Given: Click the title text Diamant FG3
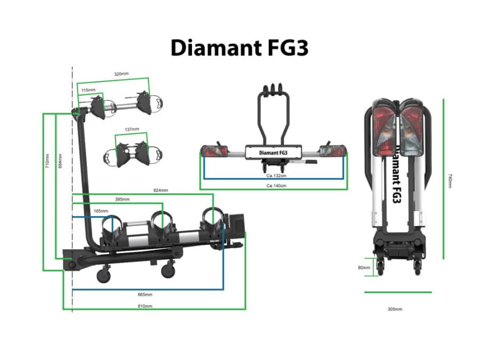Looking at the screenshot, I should coord(239,48).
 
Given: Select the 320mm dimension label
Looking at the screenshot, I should coord(121,74).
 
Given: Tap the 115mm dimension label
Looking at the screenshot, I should coord(88,91).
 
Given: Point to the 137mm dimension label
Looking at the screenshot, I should coord(131,130).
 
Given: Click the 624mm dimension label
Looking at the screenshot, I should coord(161,190).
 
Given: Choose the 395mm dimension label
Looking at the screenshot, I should coord(122,199).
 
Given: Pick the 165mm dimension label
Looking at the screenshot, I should coord(101,211).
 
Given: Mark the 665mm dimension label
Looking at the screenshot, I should coord(145,294).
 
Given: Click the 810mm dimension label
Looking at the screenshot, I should coord(145,306).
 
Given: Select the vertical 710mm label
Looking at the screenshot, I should coord(47,161).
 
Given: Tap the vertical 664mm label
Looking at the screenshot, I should coord(60,161).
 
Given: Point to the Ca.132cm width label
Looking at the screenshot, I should coord(277,175).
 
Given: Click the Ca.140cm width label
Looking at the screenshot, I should coord(277,186).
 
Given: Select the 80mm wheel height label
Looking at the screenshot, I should coord(364,268).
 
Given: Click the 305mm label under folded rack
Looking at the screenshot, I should coord(395,309).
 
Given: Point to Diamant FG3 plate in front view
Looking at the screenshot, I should coord(273,153).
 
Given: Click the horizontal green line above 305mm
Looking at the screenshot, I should coord(398,292).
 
